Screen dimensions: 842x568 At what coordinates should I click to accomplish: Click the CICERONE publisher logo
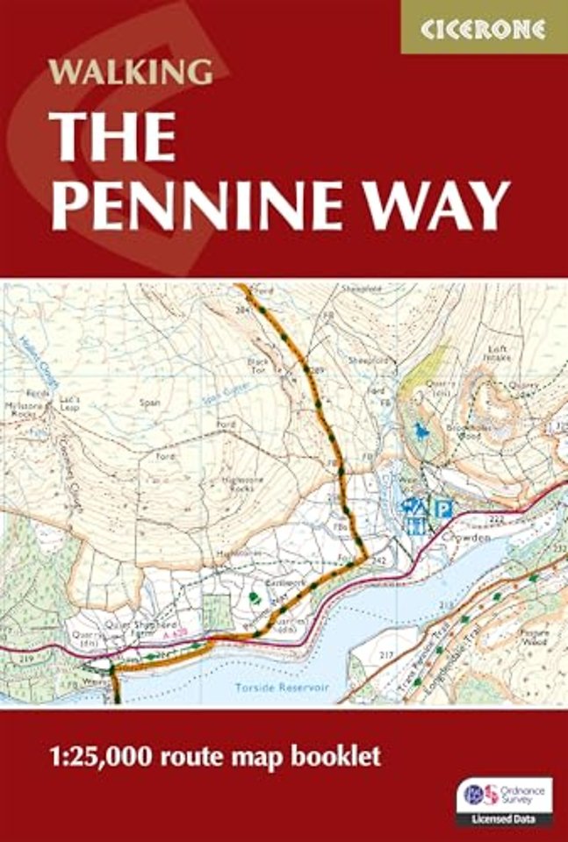[x=483, y=28]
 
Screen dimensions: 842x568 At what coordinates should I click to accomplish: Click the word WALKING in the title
[x=132, y=71]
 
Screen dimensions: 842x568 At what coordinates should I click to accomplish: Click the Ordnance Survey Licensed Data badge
[x=504, y=800]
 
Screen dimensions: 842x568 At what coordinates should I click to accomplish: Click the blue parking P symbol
[x=444, y=507]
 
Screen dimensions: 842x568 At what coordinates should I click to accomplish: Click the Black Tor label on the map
[x=259, y=364]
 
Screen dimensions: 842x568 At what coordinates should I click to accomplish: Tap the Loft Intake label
[x=498, y=353]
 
